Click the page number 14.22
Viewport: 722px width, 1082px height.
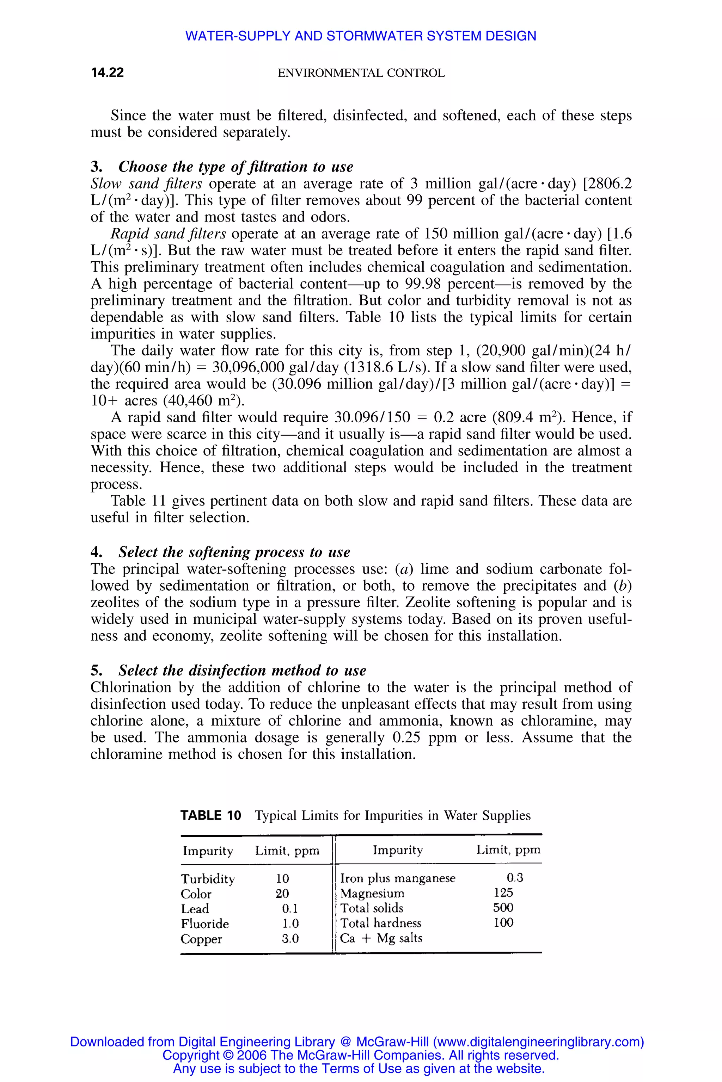coord(107,73)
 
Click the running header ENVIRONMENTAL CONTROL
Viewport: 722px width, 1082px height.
coord(361,73)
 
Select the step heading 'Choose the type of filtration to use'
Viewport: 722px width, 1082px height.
coord(236,166)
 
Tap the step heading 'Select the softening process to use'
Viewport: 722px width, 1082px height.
coord(234,552)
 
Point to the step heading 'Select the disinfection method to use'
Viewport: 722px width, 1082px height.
coord(242,670)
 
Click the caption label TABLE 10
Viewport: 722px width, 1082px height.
coord(211,816)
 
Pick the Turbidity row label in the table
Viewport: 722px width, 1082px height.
coord(208,879)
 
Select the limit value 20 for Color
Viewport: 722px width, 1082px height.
coord(282,894)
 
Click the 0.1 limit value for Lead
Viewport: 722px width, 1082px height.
coord(290,909)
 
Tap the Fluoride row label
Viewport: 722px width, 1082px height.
coord(205,924)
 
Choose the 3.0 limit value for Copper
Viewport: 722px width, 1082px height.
coord(290,938)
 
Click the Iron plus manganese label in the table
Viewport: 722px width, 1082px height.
coord(397,878)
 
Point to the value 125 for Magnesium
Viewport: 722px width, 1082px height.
coord(503,893)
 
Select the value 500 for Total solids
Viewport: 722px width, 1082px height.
coord(503,908)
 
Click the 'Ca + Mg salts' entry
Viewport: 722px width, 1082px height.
coord(381,938)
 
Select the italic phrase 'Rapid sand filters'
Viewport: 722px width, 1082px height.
coord(169,234)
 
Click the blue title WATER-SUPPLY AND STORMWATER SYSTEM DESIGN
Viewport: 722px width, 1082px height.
coord(361,36)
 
